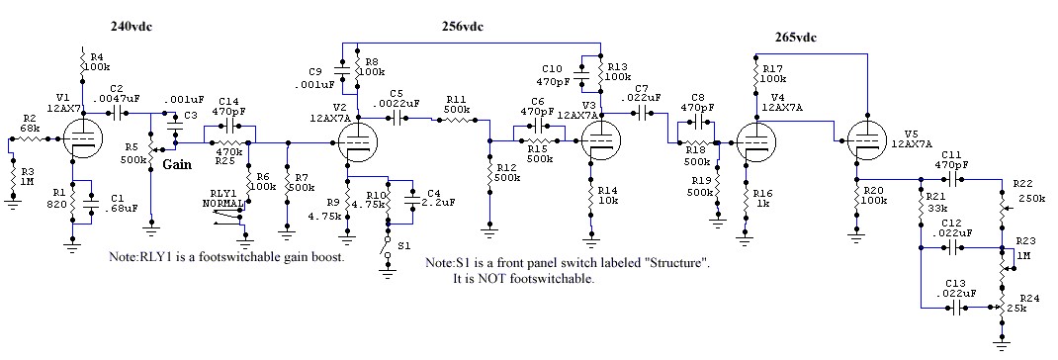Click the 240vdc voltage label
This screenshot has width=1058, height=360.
pyautogui.click(x=133, y=27)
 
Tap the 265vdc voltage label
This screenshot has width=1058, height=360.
pyautogui.click(x=796, y=38)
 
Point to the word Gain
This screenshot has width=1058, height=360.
pyautogui.click(x=177, y=164)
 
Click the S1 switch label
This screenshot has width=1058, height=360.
pyautogui.click(x=403, y=245)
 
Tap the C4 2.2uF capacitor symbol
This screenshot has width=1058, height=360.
pyautogui.click(x=411, y=201)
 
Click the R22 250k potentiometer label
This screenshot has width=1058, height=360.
pyautogui.click(x=1027, y=192)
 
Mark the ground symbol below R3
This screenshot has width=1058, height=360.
pyautogui.click(x=12, y=202)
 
